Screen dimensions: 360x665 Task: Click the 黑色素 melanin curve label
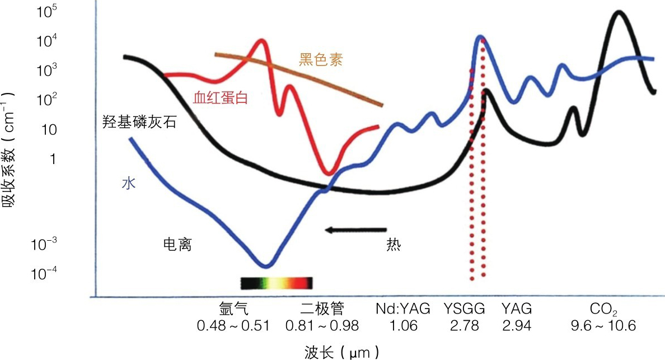coord(320,59)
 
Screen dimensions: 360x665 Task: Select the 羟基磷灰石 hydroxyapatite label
coord(139,122)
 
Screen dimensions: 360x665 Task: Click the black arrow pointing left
coord(355,230)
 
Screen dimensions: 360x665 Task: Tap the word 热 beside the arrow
coord(394,245)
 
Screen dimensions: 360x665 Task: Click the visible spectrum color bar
coord(276,283)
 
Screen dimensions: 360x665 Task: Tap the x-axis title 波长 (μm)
coord(342,352)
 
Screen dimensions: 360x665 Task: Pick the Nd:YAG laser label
coord(402,308)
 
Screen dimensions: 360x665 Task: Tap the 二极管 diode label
coord(322,308)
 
